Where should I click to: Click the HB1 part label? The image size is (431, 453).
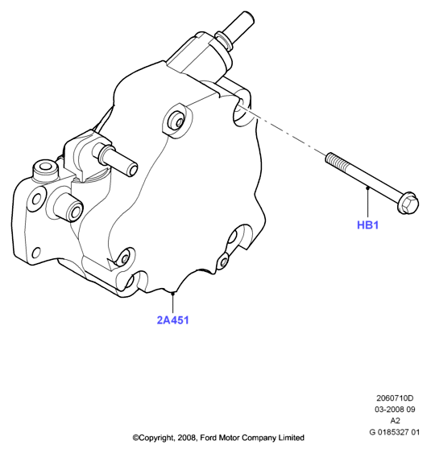[x=367, y=225]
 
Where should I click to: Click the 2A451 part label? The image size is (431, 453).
[x=172, y=320]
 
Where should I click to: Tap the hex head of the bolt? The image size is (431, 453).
[x=408, y=203]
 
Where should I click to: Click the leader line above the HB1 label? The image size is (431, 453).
[x=368, y=202]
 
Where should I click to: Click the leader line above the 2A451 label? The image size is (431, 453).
[x=172, y=303]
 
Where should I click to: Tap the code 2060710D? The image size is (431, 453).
[x=395, y=398]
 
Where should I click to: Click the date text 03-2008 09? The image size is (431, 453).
[x=395, y=410]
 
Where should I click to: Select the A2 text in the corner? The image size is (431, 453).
[x=395, y=421]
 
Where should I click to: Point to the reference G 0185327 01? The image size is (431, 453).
[x=394, y=432]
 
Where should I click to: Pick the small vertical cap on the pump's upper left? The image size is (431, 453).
[x=45, y=172]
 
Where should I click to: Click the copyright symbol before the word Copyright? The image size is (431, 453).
[x=135, y=438]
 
